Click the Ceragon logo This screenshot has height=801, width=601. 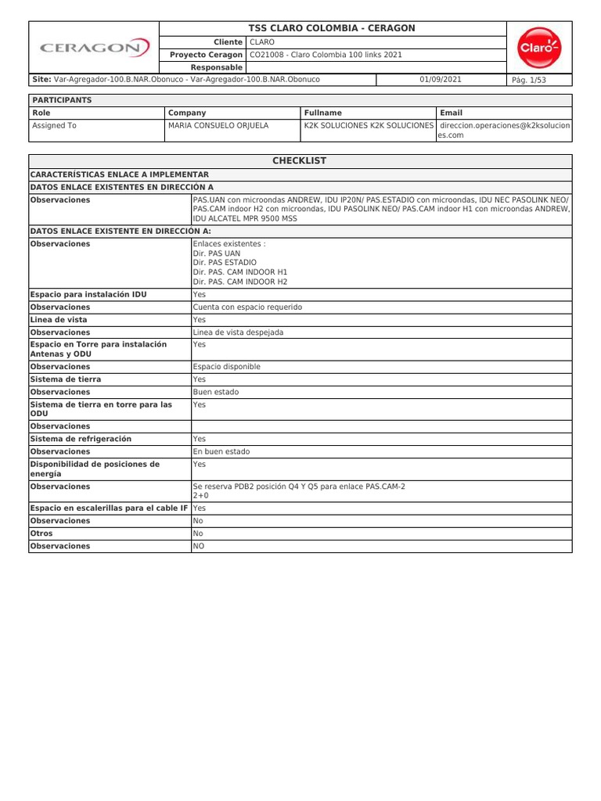tap(94, 48)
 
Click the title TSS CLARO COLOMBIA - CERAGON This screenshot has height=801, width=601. tap(332, 28)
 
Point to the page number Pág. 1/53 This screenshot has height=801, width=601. tap(528, 81)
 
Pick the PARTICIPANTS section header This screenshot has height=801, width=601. tap(62, 100)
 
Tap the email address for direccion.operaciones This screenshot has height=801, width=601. tap(504, 130)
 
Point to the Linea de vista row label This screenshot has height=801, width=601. tap(59, 320)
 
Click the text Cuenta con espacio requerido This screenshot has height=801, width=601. tap(247, 307)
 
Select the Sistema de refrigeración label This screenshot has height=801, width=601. tap(81, 439)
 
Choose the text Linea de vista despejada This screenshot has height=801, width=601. tap(238, 332)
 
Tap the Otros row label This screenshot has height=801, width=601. tap(42, 533)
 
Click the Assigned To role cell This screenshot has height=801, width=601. tap(54, 125)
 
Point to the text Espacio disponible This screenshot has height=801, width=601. tap(227, 367)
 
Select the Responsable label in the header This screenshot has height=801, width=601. tap(216, 67)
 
